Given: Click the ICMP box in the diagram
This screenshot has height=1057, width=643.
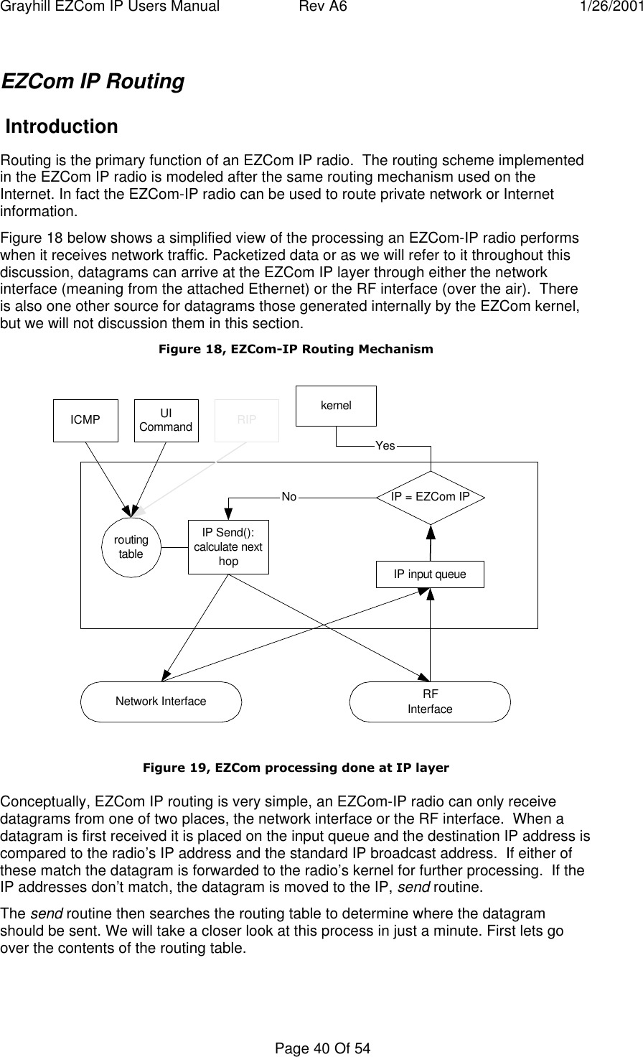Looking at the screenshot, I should click(85, 420).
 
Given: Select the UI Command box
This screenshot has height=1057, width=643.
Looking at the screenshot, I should click(166, 420).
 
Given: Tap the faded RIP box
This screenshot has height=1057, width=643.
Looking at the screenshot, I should click(247, 420).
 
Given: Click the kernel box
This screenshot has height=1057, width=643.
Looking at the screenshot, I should click(337, 406).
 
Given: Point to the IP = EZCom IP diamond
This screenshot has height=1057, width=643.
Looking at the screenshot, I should click(431, 497).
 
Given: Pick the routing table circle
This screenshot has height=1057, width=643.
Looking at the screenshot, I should click(131, 547).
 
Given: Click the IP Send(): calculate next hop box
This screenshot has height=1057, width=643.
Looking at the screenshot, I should click(228, 547).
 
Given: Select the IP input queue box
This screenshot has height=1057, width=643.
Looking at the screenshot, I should click(430, 574).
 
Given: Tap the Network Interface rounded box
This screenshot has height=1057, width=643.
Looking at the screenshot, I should click(161, 702).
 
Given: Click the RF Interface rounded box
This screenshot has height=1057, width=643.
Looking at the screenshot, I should click(430, 702).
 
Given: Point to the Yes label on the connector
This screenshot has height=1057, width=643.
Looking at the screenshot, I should click(385, 446).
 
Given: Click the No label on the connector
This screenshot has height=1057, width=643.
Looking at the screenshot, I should click(289, 496).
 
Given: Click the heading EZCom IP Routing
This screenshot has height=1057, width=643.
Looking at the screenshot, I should click(93, 82).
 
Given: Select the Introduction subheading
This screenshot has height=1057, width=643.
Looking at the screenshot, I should click(62, 127).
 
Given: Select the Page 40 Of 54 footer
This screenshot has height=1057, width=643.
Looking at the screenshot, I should click(321, 1049).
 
